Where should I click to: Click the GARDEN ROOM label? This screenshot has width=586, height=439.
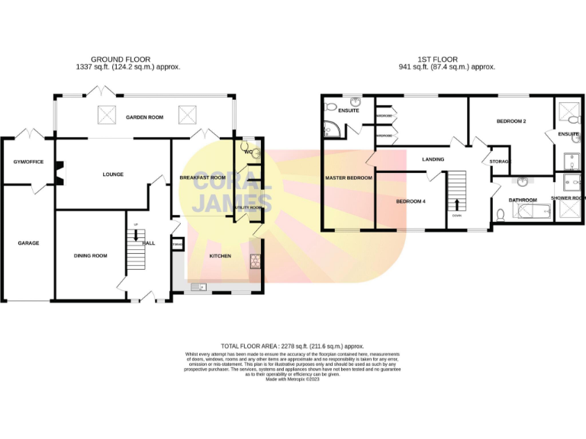coord(145,117)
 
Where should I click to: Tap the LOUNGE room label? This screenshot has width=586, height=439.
coord(113,175)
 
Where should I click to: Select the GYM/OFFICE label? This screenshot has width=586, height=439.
coord(28,162)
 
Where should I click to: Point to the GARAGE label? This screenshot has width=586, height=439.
coord(28,243)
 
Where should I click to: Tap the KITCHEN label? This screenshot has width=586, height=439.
coord(221,256)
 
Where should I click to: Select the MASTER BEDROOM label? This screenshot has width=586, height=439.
coord(348,178)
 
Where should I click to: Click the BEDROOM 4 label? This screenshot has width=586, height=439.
coord(410,201)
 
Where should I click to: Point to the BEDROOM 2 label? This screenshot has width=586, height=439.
coord(511,121)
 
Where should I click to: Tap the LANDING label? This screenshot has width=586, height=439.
coord(433,159)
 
